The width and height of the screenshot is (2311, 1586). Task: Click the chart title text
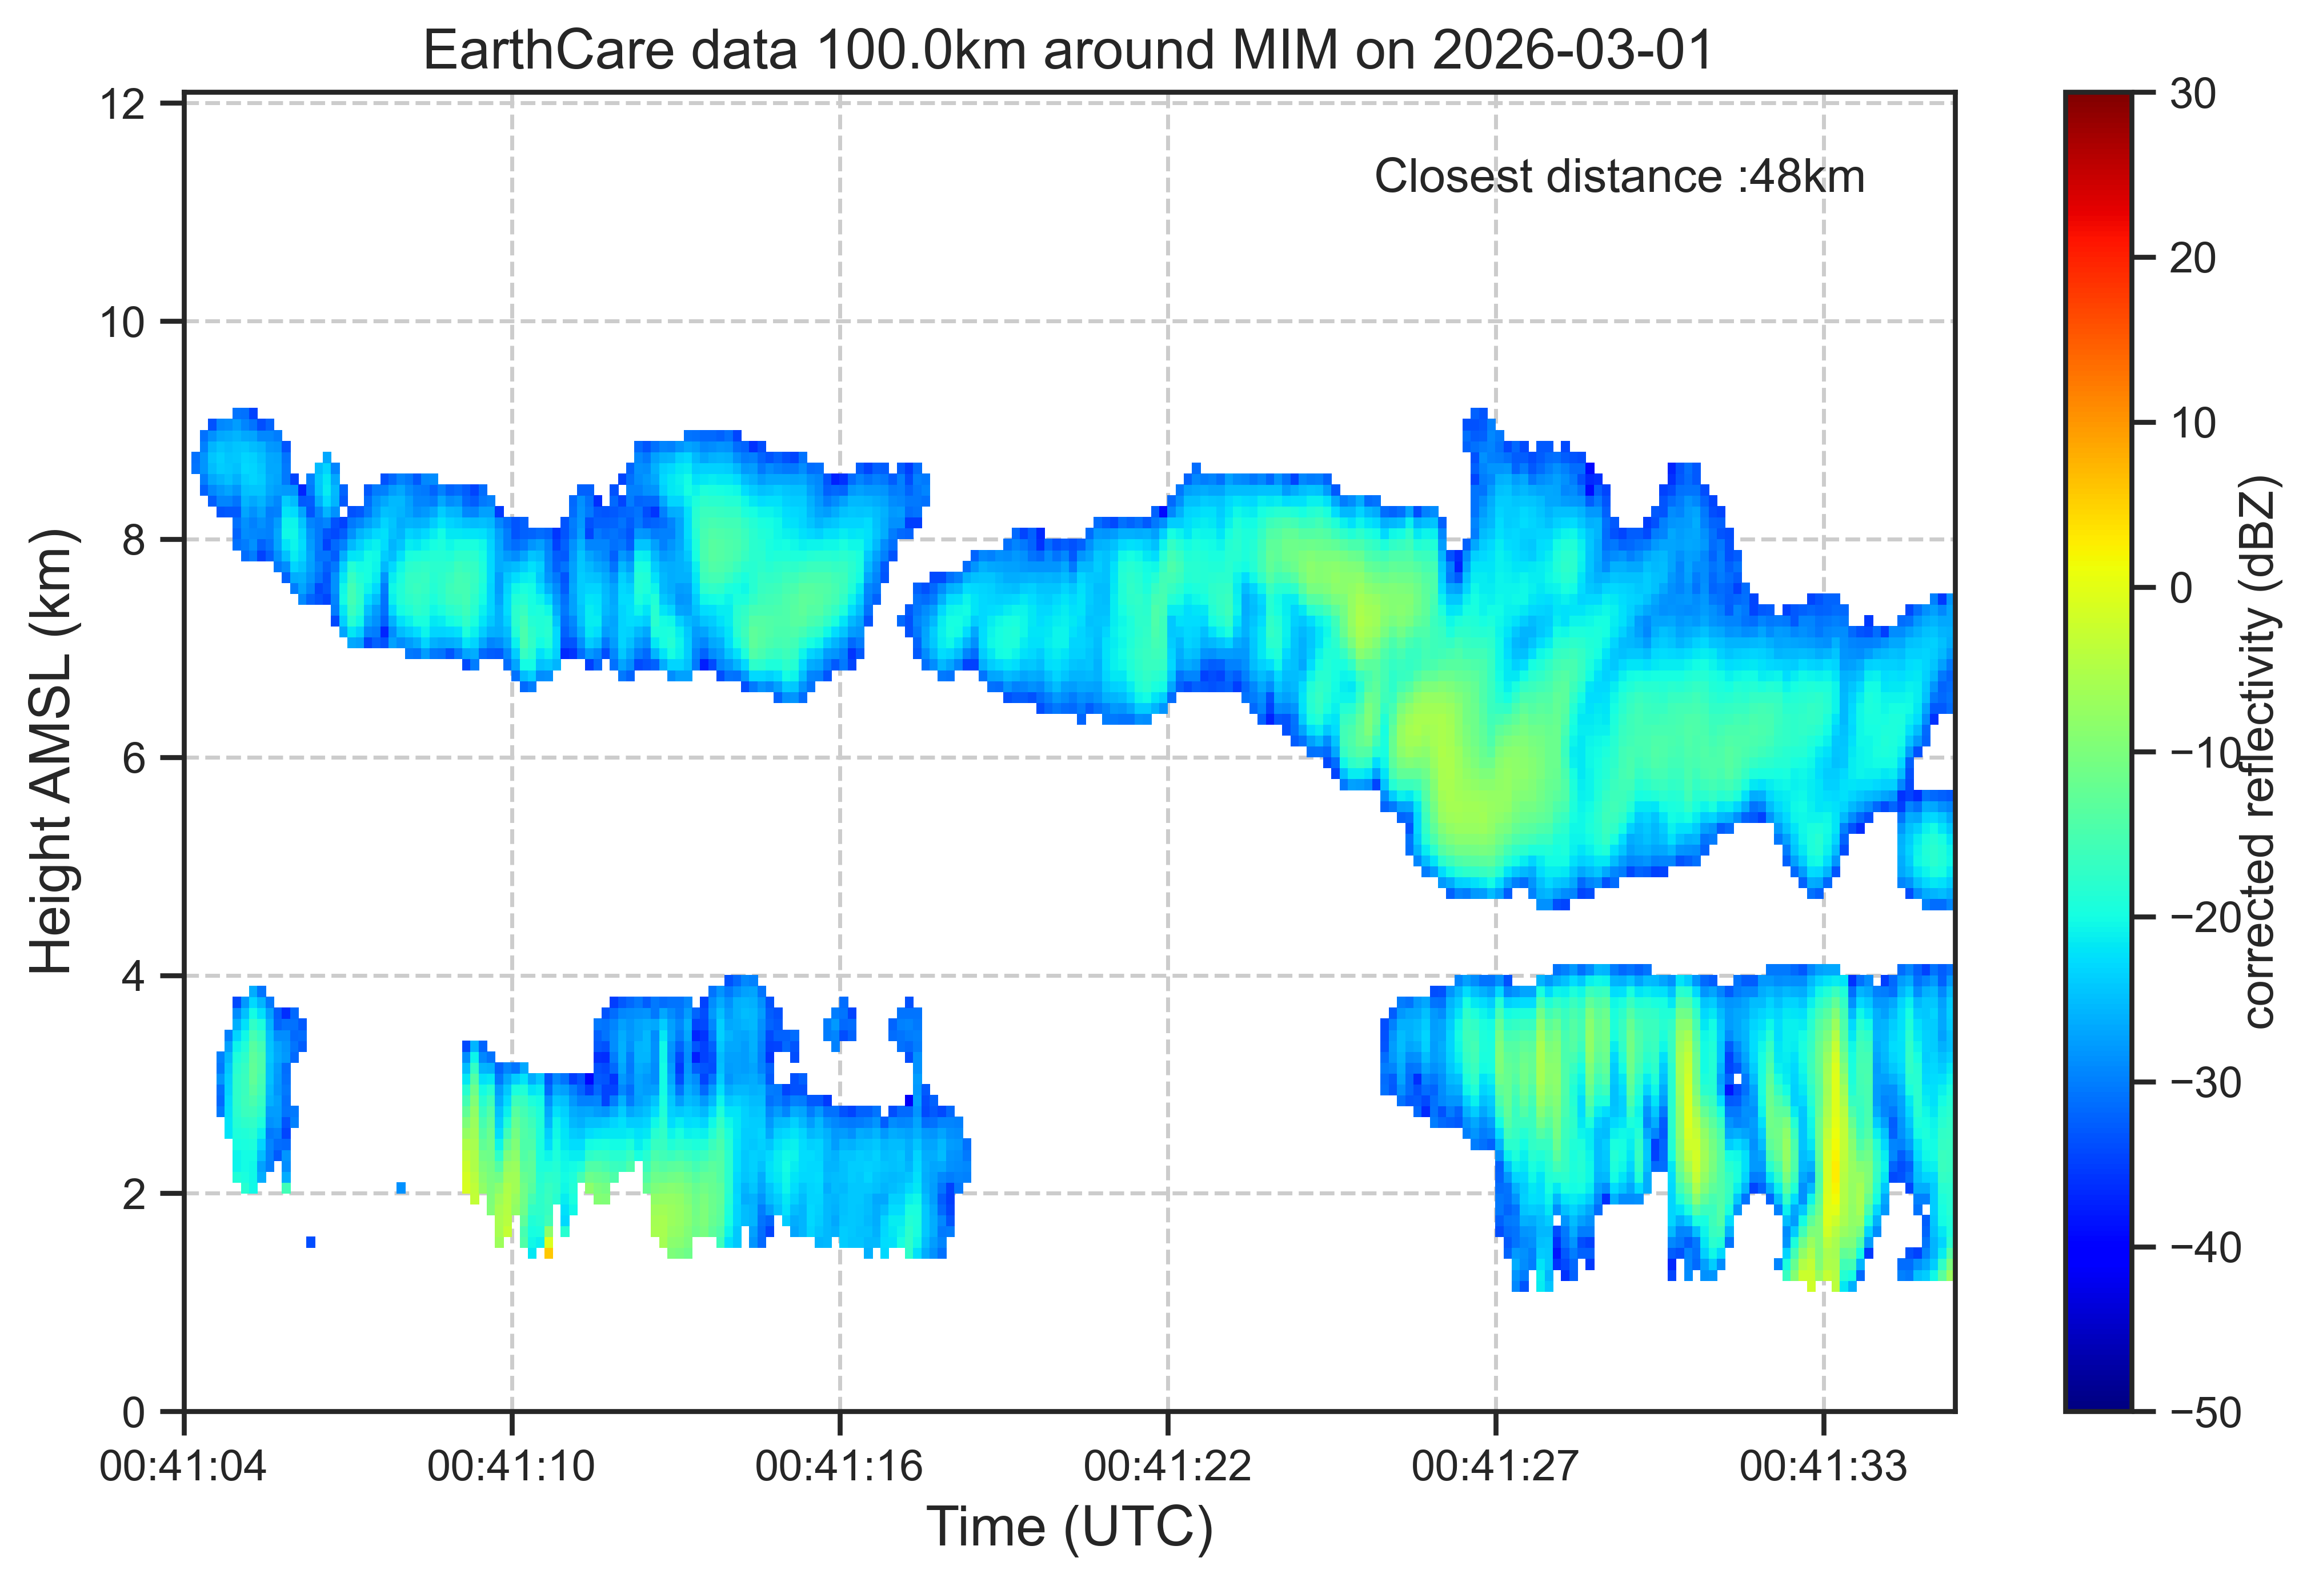tap(1069, 50)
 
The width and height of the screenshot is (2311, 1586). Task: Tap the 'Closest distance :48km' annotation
tap(1619, 177)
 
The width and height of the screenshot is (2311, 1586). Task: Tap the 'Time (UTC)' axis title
tap(1070, 1528)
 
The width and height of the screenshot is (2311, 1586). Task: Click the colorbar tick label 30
tap(2193, 94)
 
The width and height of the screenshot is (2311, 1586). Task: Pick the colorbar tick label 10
tap(2193, 424)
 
